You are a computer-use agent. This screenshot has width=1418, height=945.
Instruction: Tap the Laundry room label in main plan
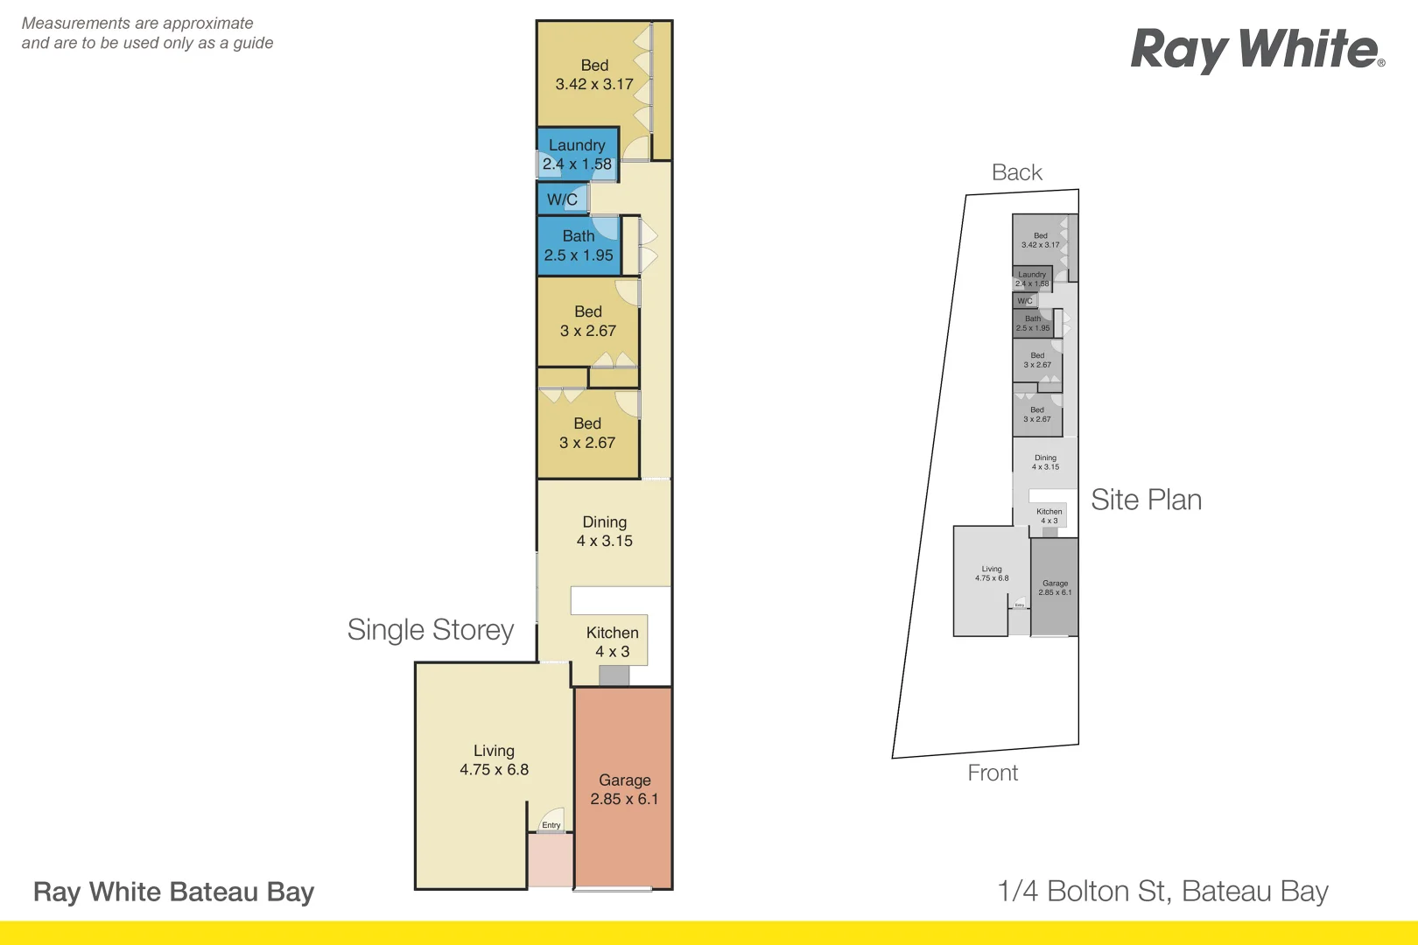pyautogui.click(x=577, y=145)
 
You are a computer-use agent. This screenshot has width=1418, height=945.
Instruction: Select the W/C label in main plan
pyautogui.click(x=562, y=199)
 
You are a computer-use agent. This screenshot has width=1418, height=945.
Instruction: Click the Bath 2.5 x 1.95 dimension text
pyautogui.click(x=579, y=255)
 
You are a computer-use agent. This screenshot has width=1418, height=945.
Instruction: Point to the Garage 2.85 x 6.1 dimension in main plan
pyautogui.click(x=624, y=799)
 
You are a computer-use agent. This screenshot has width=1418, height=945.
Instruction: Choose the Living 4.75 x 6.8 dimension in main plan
pyautogui.click(x=494, y=770)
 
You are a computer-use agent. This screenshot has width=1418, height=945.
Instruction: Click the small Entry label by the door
pyautogui.click(x=551, y=825)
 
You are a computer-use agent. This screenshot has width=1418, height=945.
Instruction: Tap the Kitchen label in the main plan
pyautogui.click(x=612, y=633)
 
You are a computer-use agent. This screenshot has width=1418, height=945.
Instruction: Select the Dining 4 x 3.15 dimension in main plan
pyautogui.click(x=604, y=541)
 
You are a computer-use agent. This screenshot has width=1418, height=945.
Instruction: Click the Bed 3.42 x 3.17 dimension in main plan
pyautogui.click(x=594, y=84)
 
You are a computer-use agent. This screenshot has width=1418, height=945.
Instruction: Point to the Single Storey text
pyautogui.click(x=430, y=630)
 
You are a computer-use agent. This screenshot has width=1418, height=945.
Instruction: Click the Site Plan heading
pyautogui.click(x=1146, y=500)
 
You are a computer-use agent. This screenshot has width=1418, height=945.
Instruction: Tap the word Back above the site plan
pyautogui.click(x=1016, y=172)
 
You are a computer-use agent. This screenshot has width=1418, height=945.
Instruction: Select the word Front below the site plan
pyautogui.click(x=993, y=773)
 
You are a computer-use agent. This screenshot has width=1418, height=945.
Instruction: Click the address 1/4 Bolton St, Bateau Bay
pyautogui.click(x=1162, y=891)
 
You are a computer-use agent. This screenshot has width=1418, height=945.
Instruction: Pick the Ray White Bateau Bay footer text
pyautogui.click(x=173, y=892)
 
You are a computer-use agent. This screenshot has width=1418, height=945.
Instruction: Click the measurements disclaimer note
pyautogui.click(x=147, y=33)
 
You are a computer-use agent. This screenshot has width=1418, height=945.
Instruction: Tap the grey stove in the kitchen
pyautogui.click(x=614, y=675)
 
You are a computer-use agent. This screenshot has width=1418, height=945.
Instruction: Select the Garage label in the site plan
pyautogui.click(x=1055, y=584)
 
